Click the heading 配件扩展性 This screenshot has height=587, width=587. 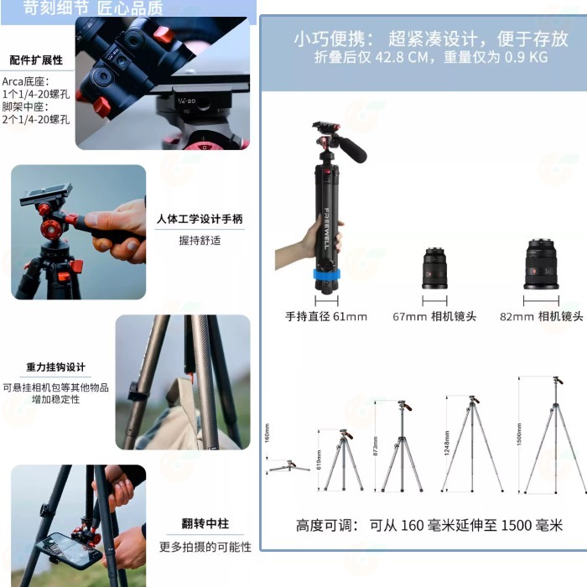tap(36, 60)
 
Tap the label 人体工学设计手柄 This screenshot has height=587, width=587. tap(200, 220)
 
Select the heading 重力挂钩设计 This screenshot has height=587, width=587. tap(55, 367)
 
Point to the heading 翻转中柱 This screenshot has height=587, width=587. tap(205, 525)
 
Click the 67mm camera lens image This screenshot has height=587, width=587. tap(434, 268)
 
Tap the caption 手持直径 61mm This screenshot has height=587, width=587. tap(325, 317)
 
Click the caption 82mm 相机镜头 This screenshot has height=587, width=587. tap(541, 317)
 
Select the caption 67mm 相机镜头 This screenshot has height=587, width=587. tap(434, 317)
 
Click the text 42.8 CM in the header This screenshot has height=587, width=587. tap(404, 58)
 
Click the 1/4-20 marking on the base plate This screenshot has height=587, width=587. tap(187, 101)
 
